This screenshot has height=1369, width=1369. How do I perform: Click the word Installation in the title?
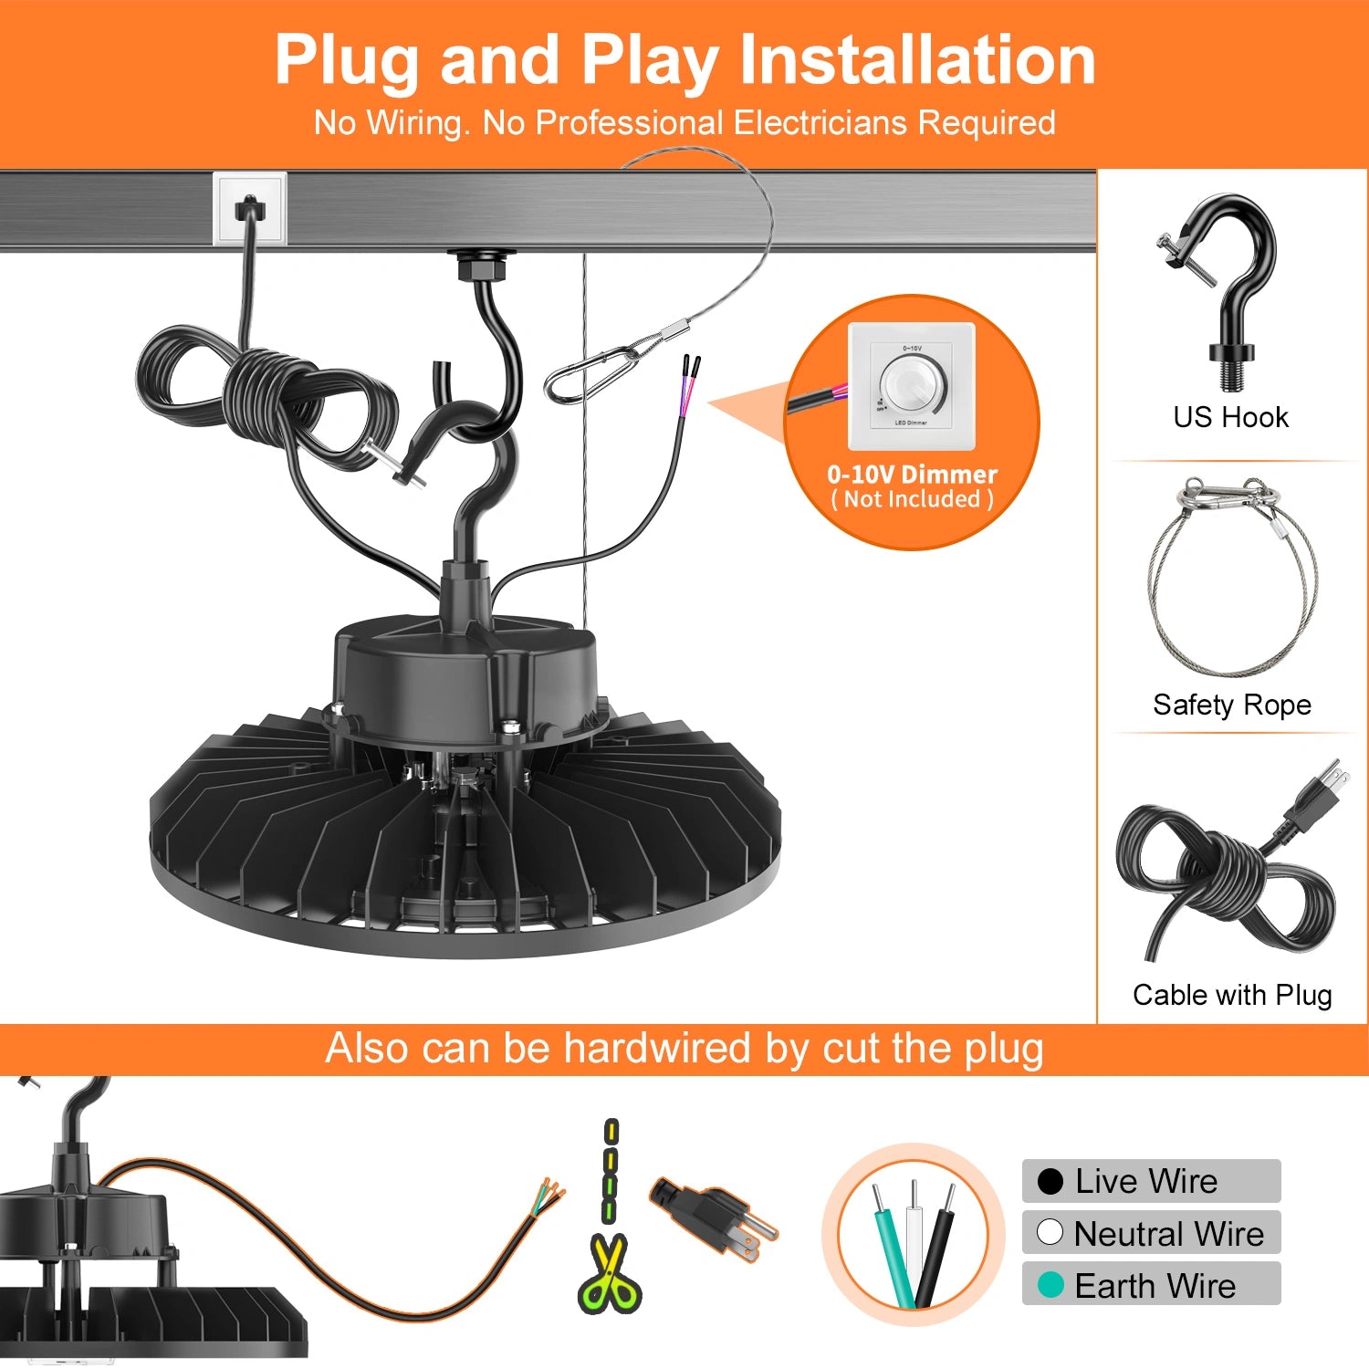click(916, 60)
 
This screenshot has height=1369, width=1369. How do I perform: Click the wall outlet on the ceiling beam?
click(249, 209)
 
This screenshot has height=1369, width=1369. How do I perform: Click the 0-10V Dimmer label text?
click(912, 475)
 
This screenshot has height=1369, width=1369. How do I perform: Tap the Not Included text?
click(912, 499)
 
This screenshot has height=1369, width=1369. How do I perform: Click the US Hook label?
click(1230, 417)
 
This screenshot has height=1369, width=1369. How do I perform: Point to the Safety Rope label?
click(1231, 705)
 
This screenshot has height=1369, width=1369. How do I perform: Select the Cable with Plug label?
click(1231, 995)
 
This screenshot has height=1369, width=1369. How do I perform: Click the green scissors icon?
click(610, 1273)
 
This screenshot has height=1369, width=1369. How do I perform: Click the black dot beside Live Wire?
click(1050, 1181)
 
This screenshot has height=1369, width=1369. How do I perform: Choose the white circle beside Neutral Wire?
click(1050, 1232)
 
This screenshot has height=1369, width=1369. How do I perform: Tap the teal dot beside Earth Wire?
click(1050, 1285)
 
